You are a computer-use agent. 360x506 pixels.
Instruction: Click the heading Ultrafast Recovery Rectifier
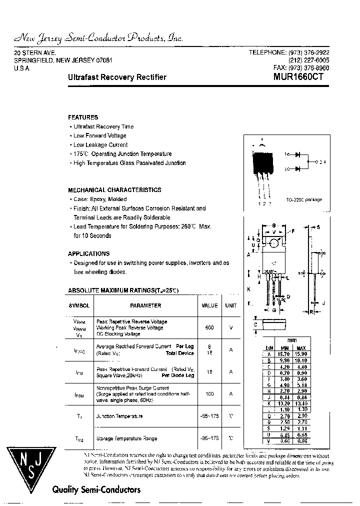coord(117,77)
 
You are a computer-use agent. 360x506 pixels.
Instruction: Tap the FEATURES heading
coord(83,117)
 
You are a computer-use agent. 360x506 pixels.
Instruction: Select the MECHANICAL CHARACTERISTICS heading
coord(114,190)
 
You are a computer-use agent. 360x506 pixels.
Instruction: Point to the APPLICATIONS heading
coord(88,253)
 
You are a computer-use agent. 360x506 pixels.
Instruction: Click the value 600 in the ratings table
coord(209,327)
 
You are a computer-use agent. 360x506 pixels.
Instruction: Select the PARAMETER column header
coord(145,305)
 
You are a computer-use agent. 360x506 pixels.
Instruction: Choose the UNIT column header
coord(230,305)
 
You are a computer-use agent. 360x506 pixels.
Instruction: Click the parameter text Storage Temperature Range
coord(126,438)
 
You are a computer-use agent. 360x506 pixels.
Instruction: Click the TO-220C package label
coord(304,199)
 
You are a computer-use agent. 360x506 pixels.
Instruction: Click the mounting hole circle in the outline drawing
coord(273,243)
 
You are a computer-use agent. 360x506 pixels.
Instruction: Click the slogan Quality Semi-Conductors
coord(96,490)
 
